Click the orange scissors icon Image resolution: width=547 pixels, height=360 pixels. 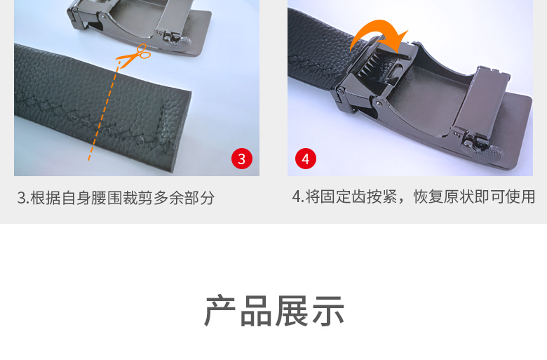135,55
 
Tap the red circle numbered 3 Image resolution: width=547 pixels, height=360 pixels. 242,159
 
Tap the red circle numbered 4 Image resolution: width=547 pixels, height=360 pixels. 306,159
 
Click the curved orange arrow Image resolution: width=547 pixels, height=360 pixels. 379,34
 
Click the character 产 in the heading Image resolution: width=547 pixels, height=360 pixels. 221,311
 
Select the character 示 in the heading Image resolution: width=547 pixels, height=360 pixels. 328,311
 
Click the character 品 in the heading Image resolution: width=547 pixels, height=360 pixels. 256,311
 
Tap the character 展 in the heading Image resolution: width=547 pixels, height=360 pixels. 292,311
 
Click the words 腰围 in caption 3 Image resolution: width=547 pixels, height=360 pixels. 107,198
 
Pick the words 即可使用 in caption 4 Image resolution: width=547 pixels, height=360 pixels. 505,196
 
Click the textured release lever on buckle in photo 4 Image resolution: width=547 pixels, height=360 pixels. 487,151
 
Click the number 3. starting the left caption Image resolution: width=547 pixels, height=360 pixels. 22,198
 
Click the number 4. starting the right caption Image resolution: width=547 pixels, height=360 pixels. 298,196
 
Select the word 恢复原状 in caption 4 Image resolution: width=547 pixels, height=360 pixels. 444,196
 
